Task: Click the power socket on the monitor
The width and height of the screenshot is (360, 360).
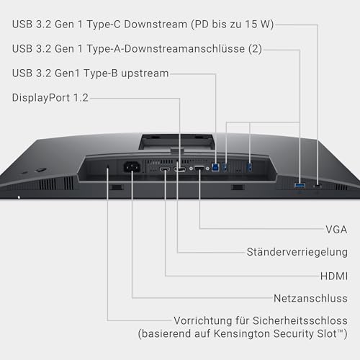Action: pos(132,167)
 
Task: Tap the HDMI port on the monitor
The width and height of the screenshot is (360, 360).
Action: pos(165,169)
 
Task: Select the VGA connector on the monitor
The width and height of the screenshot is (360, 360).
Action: pos(199,168)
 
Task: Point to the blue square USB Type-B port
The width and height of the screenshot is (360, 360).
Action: pos(215,167)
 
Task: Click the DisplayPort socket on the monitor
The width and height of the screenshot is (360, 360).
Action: pos(180,170)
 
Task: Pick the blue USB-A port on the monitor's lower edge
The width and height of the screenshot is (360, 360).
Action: pos(300,185)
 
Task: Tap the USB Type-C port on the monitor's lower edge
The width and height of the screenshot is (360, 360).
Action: pos(318,186)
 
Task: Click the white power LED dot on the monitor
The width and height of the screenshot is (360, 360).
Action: pos(19,197)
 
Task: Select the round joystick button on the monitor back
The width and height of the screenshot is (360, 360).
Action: pos(40,170)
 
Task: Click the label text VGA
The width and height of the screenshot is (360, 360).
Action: pos(336,230)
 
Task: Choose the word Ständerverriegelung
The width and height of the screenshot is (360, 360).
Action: pos(297,252)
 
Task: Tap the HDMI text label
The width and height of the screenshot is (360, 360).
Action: pos(334,276)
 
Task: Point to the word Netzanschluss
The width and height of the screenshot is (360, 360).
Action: pos(310,298)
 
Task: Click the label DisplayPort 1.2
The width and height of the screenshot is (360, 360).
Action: pos(50,98)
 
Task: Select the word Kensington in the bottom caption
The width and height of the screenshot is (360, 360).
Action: pos(242,333)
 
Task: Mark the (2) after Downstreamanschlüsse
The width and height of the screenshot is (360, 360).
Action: pos(255,49)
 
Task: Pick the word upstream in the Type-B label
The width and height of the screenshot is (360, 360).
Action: pos(145,73)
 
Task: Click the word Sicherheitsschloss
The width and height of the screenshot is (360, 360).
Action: pos(300,320)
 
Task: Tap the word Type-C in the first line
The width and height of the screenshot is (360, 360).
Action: pos(104,24)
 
